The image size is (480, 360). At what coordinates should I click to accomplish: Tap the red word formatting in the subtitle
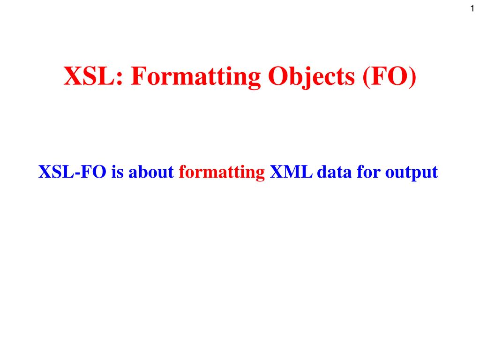point(222,172)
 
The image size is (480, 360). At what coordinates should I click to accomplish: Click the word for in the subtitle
point(368,172)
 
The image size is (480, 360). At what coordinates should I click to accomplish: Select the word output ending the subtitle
point(412,172)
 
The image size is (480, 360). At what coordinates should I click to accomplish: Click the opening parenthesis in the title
point(367,77)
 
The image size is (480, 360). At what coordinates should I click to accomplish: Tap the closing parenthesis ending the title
point(412,77)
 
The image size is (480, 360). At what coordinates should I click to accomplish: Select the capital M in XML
point(291,172)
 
